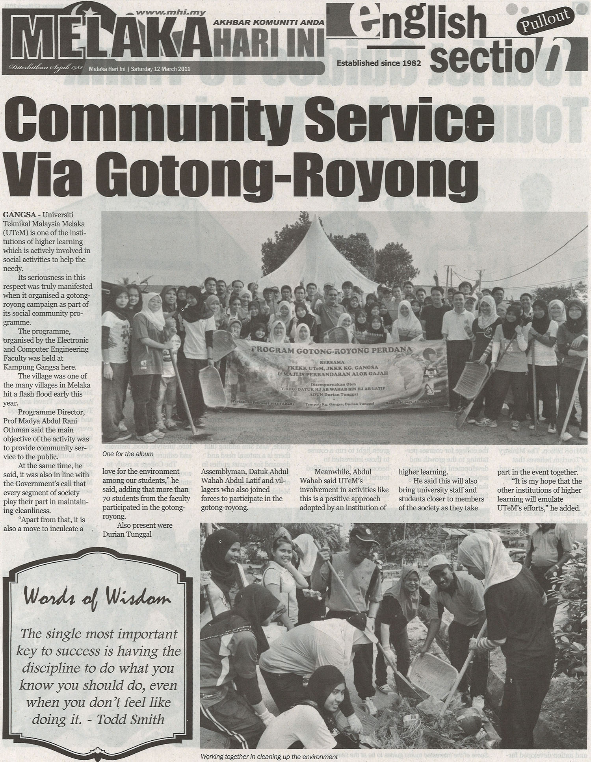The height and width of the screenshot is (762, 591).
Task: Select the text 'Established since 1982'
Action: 379,63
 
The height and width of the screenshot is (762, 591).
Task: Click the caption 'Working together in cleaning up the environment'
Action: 269,756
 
